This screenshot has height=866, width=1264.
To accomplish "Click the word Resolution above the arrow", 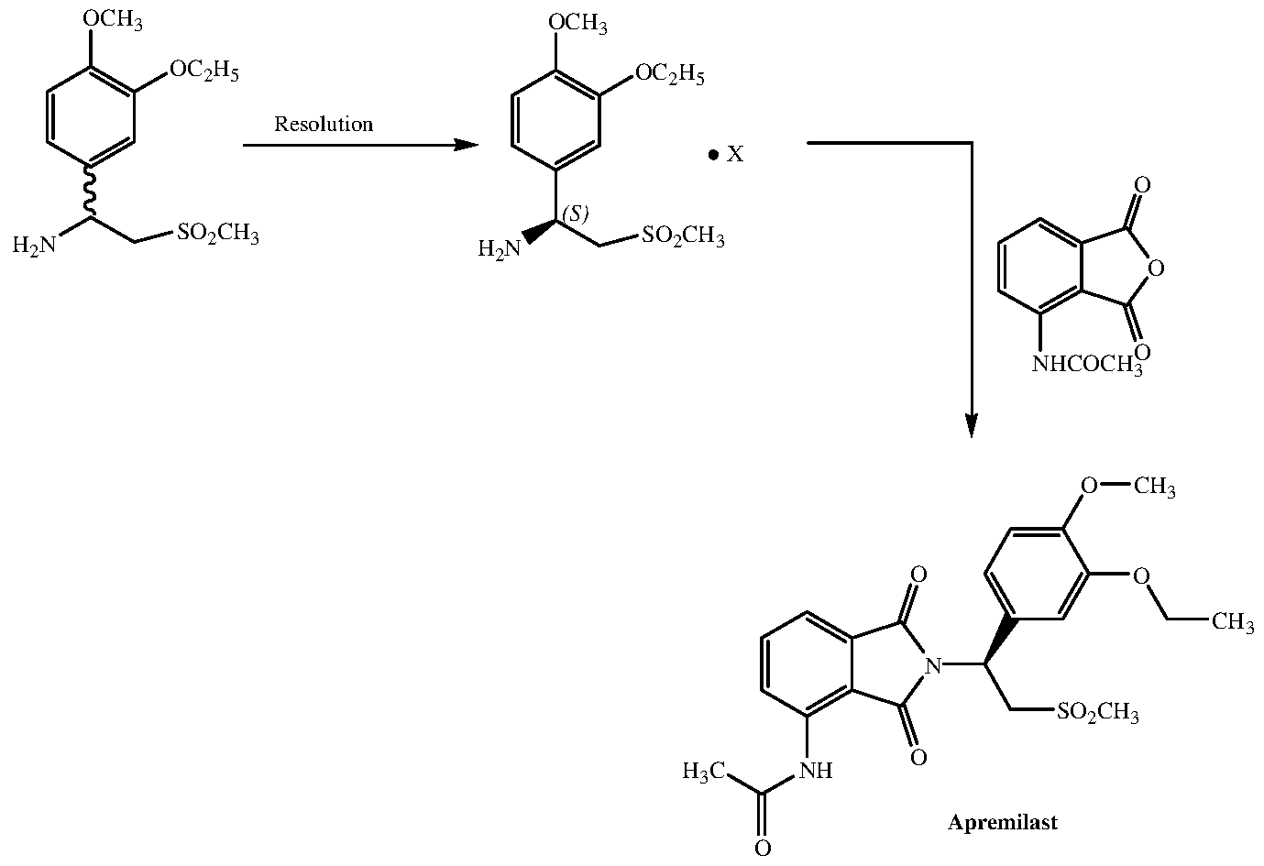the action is [x=324, y=124].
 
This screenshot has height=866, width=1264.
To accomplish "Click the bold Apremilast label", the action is [x=1003, y=823].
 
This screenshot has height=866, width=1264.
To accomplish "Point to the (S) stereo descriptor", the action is [x=576, y=214].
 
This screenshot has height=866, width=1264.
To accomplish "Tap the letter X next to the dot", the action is [x=735, y=154].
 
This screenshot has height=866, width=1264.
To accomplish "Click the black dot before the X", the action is [x=714, y=154].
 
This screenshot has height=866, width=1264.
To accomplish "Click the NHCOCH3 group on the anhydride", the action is [x=1087, y=364].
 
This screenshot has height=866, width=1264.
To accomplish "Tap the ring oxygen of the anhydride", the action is [x=1156, y=269].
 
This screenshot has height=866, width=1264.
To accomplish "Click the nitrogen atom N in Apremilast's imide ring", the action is [x=934, y=665].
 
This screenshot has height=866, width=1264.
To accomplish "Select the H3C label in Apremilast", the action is [x=704, y=771].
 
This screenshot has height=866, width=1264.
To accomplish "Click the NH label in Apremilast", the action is [x=816, y=771].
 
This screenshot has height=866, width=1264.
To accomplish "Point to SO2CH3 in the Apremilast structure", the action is [x=1097, y=712].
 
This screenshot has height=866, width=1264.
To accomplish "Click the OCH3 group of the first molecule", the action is [x=113, y=20].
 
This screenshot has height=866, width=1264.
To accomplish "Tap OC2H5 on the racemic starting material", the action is [x=204, y=71].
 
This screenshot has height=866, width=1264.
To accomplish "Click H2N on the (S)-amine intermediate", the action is [x=500, y=248].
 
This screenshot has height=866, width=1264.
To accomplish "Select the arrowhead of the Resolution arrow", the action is [x=467, y=146].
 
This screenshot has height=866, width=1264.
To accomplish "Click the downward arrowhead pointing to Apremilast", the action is [x=971, y=425].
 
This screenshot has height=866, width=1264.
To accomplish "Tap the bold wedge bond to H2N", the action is [x=539, y=232].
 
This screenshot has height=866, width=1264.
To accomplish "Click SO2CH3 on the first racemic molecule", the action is [x=218, y=233].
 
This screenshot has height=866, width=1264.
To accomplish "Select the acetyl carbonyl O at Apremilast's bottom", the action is [x=763, y=848].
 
